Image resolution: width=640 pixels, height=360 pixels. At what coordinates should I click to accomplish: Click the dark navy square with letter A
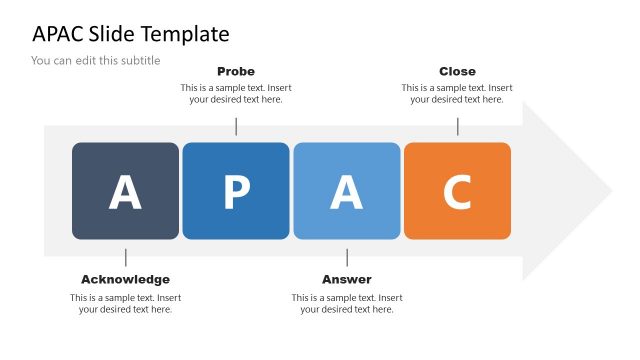pyautogui.click(x=125, y=191)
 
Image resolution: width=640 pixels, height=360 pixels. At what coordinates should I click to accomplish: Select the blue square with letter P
pyautogui.click(x=236, y=191)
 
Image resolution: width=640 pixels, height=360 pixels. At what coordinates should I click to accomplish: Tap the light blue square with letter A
pyautogui.click(x=347, y=191)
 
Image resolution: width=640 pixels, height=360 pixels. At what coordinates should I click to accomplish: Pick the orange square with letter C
pyautogui.click(x=457, y=191)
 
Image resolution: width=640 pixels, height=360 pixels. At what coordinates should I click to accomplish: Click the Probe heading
pyautogui.click(x=236, y=71)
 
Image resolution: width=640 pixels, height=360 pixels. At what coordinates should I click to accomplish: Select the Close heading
pyautogui.click(x=457, y=71)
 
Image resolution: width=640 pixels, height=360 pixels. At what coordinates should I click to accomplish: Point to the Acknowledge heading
pyautogui.click(x=125, y=279)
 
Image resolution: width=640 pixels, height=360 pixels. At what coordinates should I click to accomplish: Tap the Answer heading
pyautogui.click(x=347, y=279)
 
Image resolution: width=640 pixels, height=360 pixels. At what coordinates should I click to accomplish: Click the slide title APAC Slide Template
pyautogui.click(x=131, y=34)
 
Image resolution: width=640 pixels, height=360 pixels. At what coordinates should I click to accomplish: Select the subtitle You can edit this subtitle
pyautogui.click(x=96, y=60)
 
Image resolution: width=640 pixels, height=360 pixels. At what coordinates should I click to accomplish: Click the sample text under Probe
pyautogui.click(x=236, y=93)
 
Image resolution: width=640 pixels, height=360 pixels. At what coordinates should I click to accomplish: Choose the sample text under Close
pyautogui.click(x=457, y=93)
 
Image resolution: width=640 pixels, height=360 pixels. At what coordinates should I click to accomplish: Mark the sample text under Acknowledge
pyautogui.click(x=125, y=303)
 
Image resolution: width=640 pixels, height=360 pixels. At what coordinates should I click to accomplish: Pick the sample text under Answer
pyautogui.click(x=347, y=303)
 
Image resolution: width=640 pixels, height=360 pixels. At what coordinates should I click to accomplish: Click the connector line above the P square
pyautogui.click(x=236, y=126)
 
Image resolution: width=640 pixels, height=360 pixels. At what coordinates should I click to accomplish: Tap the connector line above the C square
pyautogui.click(x=458, y=126)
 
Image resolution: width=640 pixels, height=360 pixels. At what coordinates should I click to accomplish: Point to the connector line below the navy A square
pyautogui.click(x=125, y=257)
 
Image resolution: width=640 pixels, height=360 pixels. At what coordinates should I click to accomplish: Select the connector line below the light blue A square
pyautogui.click(x=347, y=257)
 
